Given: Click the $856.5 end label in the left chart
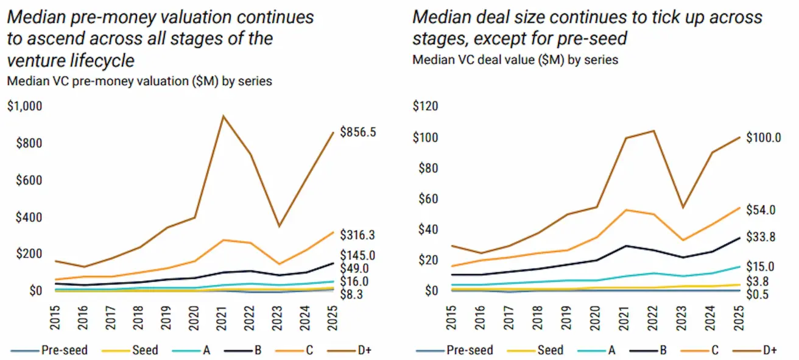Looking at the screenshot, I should pos(359,132).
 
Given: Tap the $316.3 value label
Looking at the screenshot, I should pos(359,235).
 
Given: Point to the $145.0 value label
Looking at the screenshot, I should pos(359,255).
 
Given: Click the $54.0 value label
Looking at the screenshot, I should pos(760,210).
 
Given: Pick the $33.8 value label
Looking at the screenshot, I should pos(760,236).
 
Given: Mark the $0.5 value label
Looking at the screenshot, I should pos(758,295).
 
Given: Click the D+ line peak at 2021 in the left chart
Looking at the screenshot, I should pos(224,116).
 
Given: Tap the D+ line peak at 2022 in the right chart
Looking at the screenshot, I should pos(653,130).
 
